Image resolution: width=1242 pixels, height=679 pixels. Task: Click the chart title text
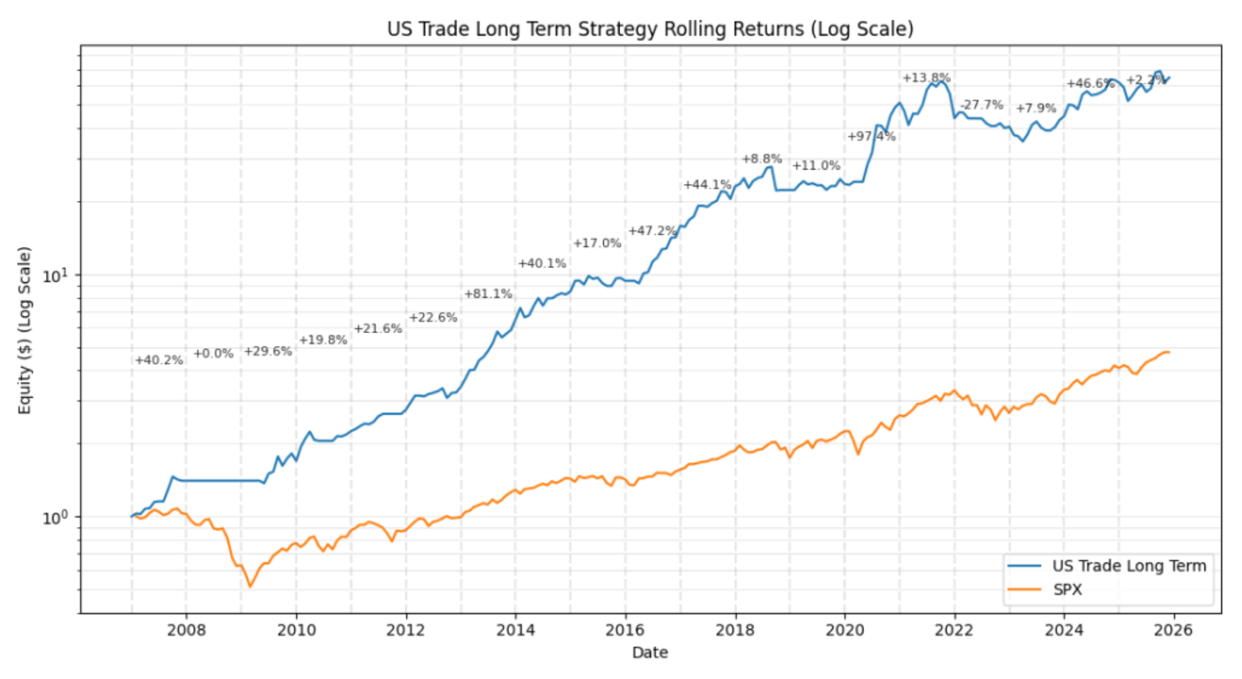coord(650,30)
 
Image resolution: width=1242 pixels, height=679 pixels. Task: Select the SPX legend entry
coord(1067,590)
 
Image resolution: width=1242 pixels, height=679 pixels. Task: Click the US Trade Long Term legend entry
coord(1129,566)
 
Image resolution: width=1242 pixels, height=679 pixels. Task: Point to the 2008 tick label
coord(186,630)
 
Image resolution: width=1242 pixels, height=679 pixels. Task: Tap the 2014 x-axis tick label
coord(515,630)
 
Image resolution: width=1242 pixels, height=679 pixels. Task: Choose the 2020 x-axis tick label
coord(844,630)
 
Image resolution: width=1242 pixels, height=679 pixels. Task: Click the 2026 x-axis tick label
coord(1174,630)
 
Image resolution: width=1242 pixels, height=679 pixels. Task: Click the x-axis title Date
coord(650,652)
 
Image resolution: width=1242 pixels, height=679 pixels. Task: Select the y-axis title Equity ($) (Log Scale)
coord(25,330)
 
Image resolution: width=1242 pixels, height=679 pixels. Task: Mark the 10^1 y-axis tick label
coord(53,275)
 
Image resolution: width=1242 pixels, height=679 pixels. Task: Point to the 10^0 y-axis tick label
coord(53,517)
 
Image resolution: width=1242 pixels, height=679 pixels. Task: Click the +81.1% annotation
coord(488,294)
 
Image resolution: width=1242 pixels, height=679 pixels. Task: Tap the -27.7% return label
coord(981,105)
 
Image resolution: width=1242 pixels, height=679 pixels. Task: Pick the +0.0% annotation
coord(213,354)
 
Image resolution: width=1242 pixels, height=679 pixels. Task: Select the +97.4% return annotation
coord(871,137)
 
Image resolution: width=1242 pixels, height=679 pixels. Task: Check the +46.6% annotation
coord(1091,84)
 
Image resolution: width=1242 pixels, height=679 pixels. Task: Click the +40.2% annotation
coord(159,360)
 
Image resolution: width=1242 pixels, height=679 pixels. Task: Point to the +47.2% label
coord(652,231)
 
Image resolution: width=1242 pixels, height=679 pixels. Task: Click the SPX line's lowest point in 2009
coord(250,586)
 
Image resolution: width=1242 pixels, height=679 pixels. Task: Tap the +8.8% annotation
coord(761,159)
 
